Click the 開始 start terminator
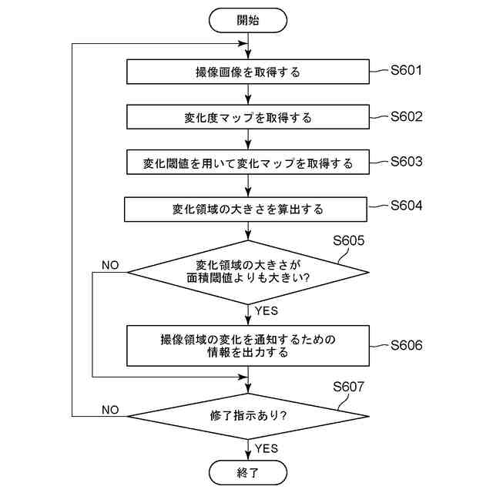[x=247, y=20]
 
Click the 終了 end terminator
[x=247, y=471]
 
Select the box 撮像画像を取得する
[x=247, y=73]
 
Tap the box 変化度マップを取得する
[x=247, y=118]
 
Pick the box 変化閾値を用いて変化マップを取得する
[x=247, y=163]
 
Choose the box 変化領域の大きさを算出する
[x=247, y=209]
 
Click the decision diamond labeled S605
[x=247, y=272]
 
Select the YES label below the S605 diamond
[x=266, y=311]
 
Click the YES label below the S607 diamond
[x=266, y=448]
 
